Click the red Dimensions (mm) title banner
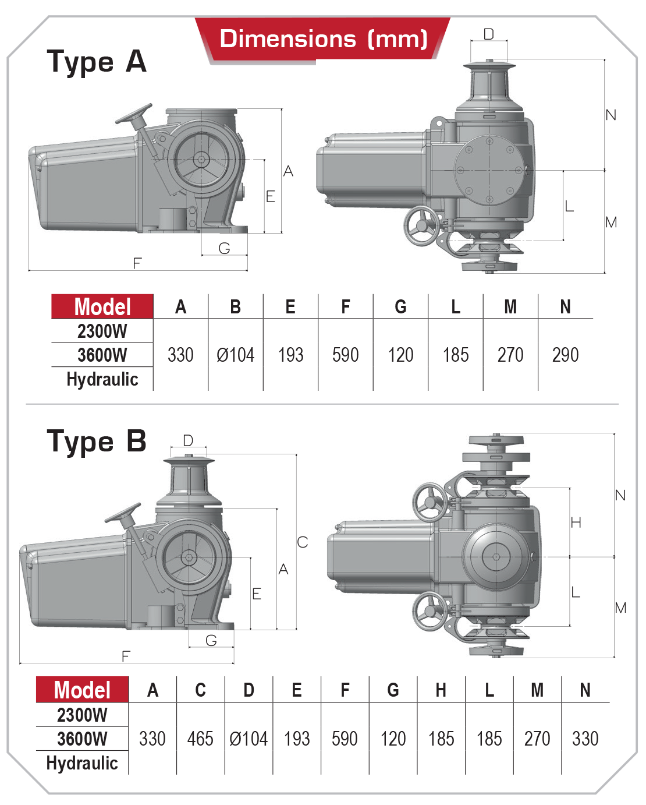323,39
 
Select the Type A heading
97,62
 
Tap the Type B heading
97,442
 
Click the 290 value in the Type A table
565,355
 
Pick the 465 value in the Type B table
200,739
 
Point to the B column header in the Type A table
235,307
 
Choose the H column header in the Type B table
441,690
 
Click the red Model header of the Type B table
82,690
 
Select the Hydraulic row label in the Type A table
102,379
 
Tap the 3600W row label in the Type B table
82,739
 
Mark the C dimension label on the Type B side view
302,542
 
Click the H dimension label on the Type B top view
576,522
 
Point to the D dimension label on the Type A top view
489,34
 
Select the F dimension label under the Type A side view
137,263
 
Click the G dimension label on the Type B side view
211,641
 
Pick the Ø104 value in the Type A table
235,355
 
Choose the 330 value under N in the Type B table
585,739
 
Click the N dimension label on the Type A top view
610,115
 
